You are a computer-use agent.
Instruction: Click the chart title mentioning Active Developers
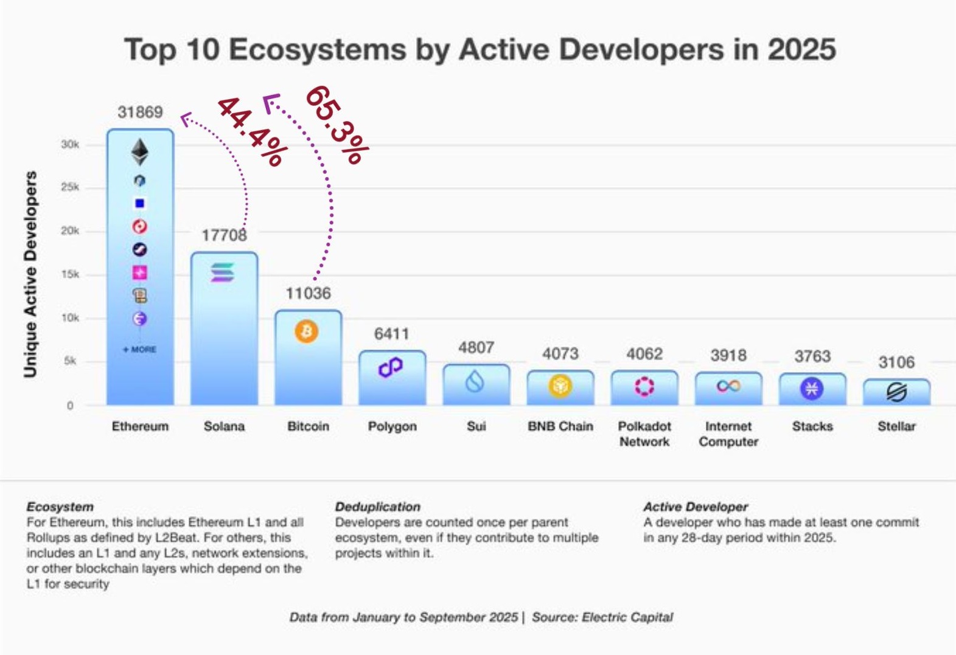pos(480,49)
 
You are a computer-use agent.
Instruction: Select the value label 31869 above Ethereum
pos(140,112)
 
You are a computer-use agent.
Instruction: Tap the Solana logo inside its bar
pos(223,273)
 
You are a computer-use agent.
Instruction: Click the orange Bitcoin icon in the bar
pos(307,331)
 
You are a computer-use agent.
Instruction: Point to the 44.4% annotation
pos(251,131)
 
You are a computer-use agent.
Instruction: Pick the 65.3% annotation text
pos(337,125)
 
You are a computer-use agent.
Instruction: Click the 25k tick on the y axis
pos(69,187)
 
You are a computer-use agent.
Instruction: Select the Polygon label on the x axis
pos(392,426)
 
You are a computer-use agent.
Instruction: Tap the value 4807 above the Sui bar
pos(476,347)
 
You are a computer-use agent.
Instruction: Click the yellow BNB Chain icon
pos(560,386)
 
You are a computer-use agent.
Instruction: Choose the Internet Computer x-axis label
pos(728,434)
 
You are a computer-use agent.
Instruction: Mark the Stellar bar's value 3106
pos(896,362)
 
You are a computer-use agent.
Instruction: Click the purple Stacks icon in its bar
pos(812,388)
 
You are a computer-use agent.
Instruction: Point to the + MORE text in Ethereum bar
pos(140,350)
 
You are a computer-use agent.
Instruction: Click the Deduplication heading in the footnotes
pos(377,507)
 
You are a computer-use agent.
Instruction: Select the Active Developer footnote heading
pos(696,507)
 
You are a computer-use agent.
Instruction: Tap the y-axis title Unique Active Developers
pos(30,274)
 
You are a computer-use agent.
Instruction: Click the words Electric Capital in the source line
pos(627,617)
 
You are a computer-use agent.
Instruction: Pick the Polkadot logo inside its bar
pos(644,386)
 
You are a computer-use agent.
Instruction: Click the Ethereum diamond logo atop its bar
pos(140,152)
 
